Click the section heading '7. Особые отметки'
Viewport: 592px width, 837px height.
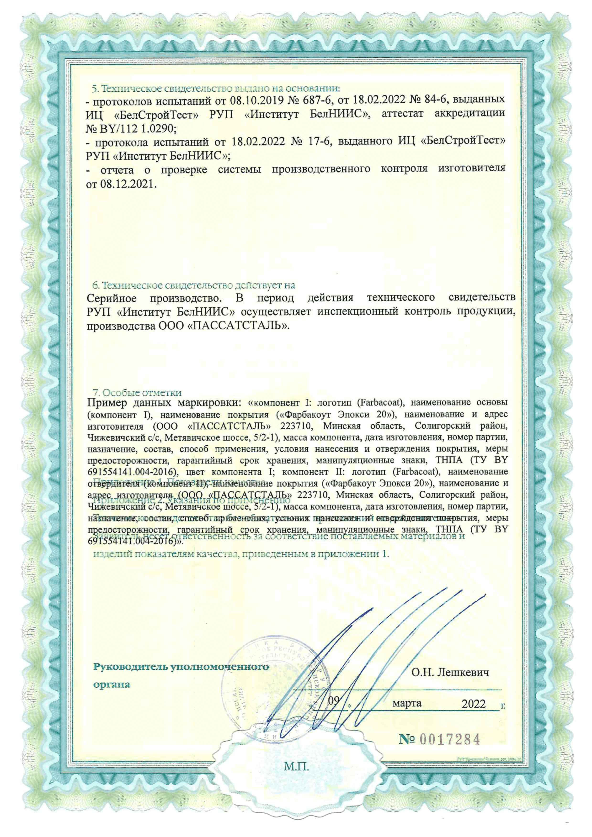tap(137, 393)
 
